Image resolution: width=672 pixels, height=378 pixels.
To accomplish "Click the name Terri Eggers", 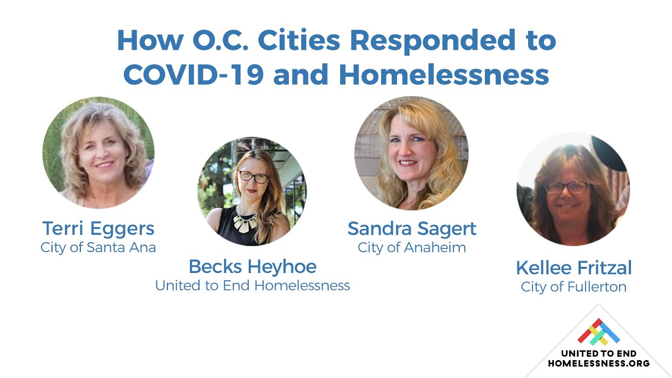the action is (98, 228).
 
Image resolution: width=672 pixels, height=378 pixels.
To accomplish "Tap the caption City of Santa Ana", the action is (98, 248).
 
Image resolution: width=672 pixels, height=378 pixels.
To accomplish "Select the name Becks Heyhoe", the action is (253, 267).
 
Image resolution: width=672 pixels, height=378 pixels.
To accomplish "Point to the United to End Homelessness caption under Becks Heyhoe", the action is (253, 285).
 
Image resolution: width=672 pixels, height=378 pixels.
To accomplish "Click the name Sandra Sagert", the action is (412, 229).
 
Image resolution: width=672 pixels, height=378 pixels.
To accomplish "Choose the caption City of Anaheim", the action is (412, 248).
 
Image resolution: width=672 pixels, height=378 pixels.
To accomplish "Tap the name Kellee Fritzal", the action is (574, 268).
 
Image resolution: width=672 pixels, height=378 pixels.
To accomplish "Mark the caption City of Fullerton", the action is (574, 287).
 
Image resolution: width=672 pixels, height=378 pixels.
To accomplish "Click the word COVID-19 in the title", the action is (194, 75).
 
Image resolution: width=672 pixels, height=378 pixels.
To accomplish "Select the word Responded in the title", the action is (432, 41).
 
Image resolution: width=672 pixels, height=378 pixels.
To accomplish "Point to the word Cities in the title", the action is (299, 40).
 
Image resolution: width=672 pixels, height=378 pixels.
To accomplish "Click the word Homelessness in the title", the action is (444, 75).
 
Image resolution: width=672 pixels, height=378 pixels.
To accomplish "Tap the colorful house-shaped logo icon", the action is (598, 331).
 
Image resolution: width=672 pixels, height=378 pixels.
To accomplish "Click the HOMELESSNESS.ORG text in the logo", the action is (599, 363).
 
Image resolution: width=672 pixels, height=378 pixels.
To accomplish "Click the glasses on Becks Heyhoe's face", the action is (254, 177).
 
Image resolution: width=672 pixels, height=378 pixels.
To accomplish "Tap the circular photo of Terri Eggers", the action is (98, 152).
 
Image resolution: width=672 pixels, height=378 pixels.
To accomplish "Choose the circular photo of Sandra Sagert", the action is (411, 153).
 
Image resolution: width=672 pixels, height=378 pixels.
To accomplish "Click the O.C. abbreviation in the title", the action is (220, 40).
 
